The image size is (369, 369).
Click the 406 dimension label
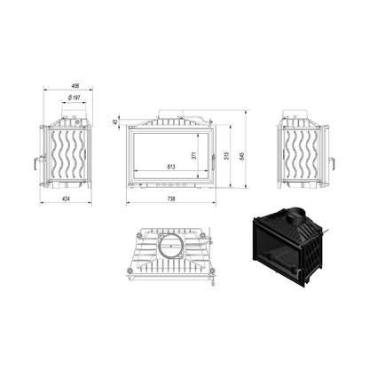pos(75,86)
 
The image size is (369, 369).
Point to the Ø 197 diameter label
pos(74,98)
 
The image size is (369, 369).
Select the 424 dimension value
pos(66,199)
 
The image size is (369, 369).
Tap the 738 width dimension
pos(171,199)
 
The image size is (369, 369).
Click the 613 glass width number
pos(171,167)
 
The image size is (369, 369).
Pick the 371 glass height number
pos(194,155)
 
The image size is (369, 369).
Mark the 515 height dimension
pos(226,155)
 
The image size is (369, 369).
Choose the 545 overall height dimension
pos(241,155)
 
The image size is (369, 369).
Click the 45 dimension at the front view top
pos(116,122)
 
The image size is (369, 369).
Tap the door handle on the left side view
pos(36,163)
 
